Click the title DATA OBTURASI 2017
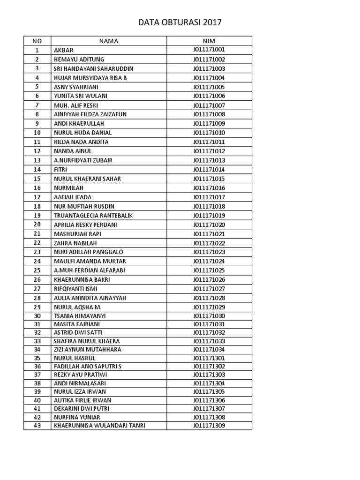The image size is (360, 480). [x=180, y=22]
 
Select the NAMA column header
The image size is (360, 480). [x=109, y=41]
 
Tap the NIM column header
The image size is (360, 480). [x=209, y=41]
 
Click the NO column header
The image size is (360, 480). [x=37, y=41]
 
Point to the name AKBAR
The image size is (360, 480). [x=64, y=50]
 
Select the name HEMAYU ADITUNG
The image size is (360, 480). [x=79, y=60]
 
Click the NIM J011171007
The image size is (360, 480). [x=209, y=105]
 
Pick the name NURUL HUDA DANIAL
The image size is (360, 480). [x=83, y=133]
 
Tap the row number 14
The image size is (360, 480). [x=37, y=169]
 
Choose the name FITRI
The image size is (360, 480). [x=61, y=169]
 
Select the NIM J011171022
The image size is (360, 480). [x=209, y=243]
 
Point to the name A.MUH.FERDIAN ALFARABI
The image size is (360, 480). [x=90, y=270]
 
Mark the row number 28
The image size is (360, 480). [x=37, y=298]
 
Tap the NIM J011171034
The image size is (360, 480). [x=209, y=350]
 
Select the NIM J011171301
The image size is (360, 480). [x=209, y=358]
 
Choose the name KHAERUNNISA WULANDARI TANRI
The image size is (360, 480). [x=99, y=426]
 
